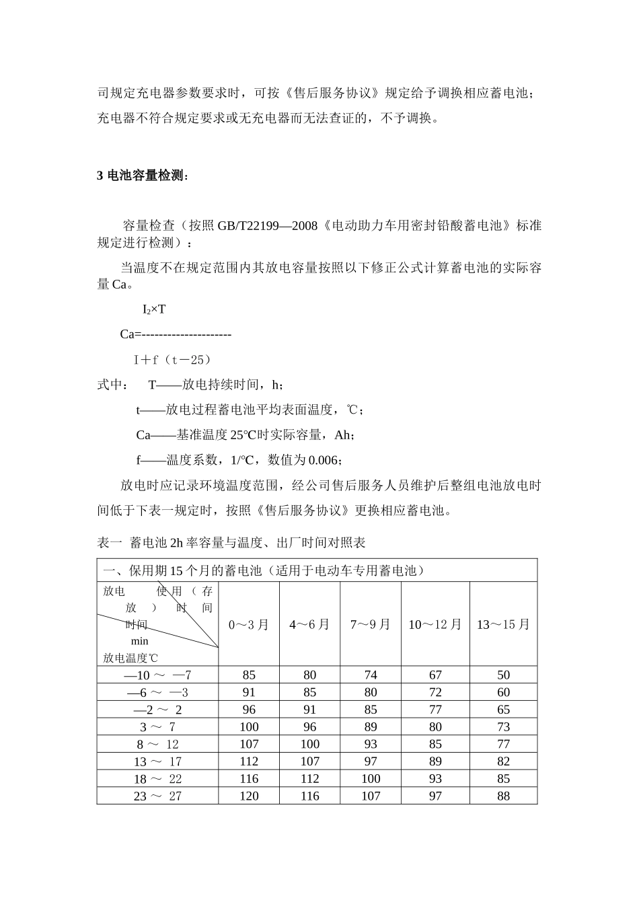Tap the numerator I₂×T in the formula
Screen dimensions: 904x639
(154, 309)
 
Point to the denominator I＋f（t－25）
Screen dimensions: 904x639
(173, 360)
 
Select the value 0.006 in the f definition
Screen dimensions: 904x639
(324, 460)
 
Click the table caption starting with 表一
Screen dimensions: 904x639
(231, 542)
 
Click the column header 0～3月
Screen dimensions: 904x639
(249, 625)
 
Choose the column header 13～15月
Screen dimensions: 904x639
(503, 625)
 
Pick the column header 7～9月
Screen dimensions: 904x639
(371, 625)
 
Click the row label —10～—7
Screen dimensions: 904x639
(157, 675)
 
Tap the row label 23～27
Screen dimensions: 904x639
(157, 796)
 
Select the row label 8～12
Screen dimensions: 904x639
(157, 745)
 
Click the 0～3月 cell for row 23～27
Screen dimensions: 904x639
(249, 796)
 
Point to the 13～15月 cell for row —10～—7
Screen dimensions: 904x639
(503, 675)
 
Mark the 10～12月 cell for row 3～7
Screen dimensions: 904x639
(435, 727)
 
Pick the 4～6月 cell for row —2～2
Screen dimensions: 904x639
(309, 710)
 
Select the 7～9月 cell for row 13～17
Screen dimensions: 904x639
(371, 761)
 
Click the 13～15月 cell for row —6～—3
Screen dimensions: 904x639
(503, 693)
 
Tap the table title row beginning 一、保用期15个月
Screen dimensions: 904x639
(263, 571)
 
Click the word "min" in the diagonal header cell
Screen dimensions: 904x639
(140, 642)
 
